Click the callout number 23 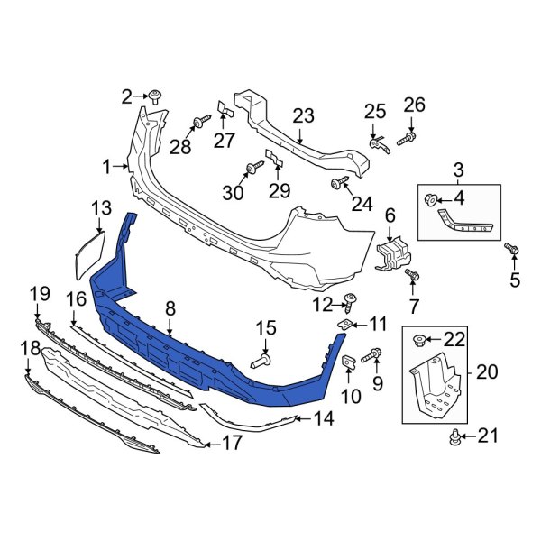click(x=303, y=115)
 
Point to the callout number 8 click(x=169, y=309)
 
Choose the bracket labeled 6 click(x=390, y=250)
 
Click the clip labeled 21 click(x=456, y=439)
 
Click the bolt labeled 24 click(x=339, y=184)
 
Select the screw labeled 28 click(x=196, y=123)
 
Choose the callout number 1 click(x=106, y=167)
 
